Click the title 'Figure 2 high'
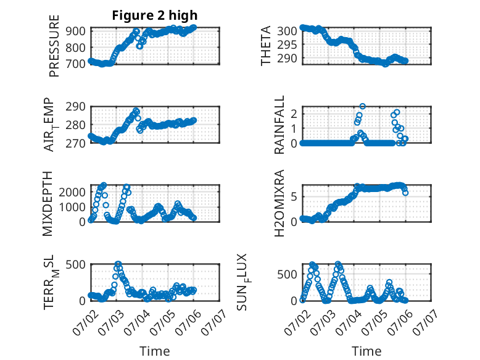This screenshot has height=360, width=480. click(x=155, y=15)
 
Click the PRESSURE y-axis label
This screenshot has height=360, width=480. click(x=54, y=46)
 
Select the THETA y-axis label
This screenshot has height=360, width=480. click(x=266, y=46)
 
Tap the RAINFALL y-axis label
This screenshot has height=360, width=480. click(x=279, y=125)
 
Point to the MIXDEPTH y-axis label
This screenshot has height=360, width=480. click(x=48, y=204)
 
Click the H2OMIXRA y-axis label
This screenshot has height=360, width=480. click(x=279, y=203)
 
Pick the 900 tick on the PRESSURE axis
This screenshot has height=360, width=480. click(x=75, y=31)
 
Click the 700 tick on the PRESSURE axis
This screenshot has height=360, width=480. click(x=75, y=64)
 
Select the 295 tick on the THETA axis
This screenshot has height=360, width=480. click(x=287, y=44)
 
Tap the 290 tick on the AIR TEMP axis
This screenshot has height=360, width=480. click(x=75, y=106)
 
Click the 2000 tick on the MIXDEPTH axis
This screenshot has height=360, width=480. click(x=72, y=192)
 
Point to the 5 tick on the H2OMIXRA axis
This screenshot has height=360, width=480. click(x=294, y=196)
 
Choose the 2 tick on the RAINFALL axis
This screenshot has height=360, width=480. click(x=294, y=114)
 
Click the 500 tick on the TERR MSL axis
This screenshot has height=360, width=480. click(x=75, y=264)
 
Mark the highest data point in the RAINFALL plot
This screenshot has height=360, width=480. click(x=362, y=106)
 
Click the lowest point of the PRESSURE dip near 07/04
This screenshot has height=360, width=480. click(x=139, y=46)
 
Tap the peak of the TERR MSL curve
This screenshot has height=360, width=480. click(x=118, y=264)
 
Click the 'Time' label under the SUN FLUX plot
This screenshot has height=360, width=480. click(x=366, y=351)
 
